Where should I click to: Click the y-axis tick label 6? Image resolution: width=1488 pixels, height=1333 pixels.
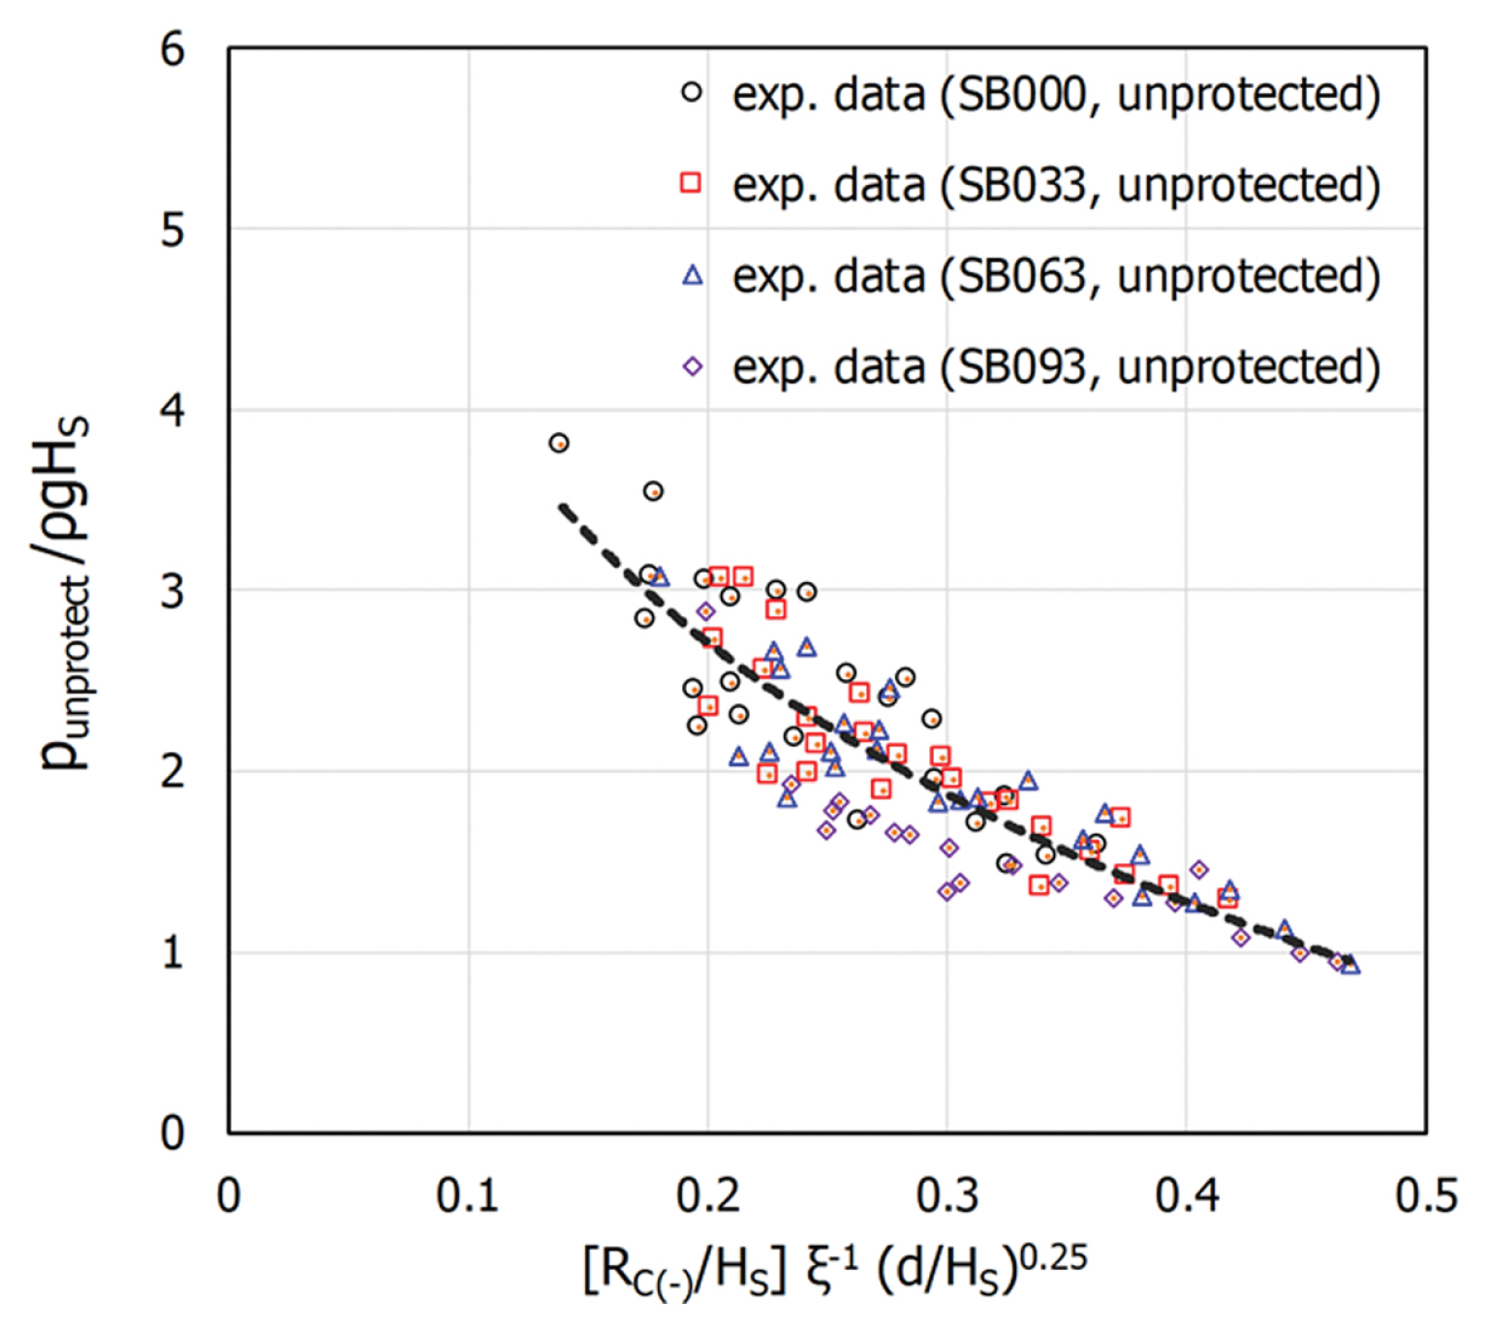point(172,48)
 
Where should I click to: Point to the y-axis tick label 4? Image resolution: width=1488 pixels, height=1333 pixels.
point(172,411)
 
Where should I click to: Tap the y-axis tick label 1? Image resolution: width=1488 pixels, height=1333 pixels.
point(172,953)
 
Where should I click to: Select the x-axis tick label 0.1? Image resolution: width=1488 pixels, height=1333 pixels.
point(468,1196)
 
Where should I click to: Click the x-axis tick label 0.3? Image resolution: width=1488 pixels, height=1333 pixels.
point(947,1196)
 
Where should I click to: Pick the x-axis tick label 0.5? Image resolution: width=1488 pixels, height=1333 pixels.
point(1426,1196)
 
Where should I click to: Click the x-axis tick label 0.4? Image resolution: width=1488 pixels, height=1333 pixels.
point(1187,1196)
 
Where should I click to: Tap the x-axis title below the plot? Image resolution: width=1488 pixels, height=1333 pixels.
point(835,1269)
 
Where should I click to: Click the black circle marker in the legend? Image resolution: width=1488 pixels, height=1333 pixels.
point(692,93)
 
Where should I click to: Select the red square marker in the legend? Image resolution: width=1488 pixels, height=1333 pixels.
point(691,182)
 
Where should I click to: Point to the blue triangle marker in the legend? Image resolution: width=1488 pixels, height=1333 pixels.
point(692,275)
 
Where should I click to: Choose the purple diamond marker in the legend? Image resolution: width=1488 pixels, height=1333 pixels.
point(692,366)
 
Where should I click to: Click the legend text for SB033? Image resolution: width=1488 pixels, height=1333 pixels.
point(1056,184)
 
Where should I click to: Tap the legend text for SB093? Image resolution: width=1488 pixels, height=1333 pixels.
point(1056,366)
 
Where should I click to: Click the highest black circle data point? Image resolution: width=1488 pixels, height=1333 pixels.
point(559,443)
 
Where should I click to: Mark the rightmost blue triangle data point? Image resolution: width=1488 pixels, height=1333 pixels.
point(1350,964)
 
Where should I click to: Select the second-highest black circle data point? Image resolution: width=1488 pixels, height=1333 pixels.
point(654,491)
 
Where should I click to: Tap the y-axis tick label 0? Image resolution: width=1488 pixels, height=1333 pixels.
point(172,1132)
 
